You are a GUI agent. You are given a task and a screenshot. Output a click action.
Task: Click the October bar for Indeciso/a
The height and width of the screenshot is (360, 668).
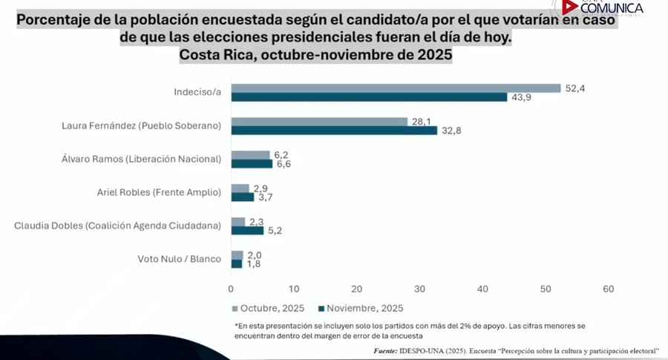pyautogui.click(x=396, y=88)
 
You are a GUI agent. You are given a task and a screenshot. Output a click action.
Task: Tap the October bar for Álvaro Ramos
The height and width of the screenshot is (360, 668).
pyautogui.click(x=250, y=154)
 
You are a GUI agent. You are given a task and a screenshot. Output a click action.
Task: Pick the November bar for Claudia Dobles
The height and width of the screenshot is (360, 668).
pyautogui.click(x=247, y=230)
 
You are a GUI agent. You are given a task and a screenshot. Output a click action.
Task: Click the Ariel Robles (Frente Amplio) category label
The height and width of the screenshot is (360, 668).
pyautogui.click(x=159, y=192)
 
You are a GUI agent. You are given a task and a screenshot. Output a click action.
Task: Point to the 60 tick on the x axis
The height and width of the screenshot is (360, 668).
pyautogui.click(x=609, y=288)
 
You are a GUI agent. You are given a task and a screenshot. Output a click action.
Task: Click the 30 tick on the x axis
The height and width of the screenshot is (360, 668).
pyautogui.click(x=420, y=288)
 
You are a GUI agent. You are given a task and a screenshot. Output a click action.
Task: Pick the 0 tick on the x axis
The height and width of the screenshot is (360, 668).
pyautogui.click(x=232, y=288)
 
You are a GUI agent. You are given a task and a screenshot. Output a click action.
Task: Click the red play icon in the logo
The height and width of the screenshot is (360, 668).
pyautogui.click(x=569, y=7)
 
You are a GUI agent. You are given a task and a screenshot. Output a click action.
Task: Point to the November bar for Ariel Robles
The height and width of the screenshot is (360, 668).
pyautogui.click(x=243, y=197)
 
